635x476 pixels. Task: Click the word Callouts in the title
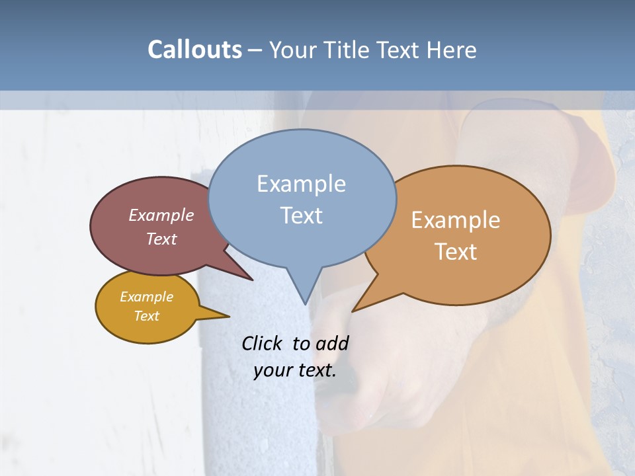pos(194,50)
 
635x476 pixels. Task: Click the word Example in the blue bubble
pos(301,184)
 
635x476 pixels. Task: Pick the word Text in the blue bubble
pos(301,216)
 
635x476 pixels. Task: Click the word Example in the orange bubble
pos(456,220)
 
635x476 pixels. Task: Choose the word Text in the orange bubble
pos(456,252)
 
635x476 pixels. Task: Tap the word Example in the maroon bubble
pos(161,215)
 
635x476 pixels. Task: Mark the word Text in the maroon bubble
pos(161,239)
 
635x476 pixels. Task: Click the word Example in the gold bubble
pos(147,297)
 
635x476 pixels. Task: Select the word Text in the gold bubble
pos(147,316)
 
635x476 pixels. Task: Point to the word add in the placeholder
pos(331,343)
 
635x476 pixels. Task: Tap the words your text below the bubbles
pos(295,370)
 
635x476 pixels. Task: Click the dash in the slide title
pos(256,50)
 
